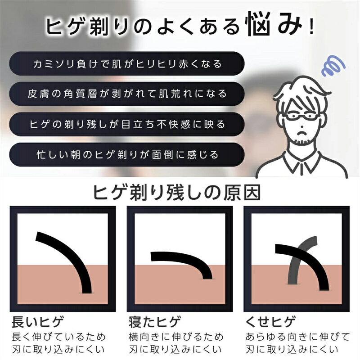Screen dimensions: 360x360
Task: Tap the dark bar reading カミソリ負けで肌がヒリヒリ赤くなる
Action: point(128,64)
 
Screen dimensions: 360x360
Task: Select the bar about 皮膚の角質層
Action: point(128,94)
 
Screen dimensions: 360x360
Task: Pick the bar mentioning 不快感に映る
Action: point(128,124)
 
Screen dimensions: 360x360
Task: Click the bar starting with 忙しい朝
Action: point(128,154)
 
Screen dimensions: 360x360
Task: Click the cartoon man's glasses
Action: point(299,118)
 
